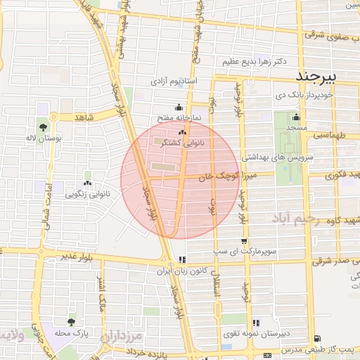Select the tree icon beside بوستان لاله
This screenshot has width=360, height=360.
(44, 128)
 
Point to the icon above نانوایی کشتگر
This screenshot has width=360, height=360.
(183, 132)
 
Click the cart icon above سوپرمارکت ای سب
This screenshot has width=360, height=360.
(243, 242)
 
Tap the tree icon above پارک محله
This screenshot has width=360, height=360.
(70, 322)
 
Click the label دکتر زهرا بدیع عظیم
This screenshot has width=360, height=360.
(252, 62)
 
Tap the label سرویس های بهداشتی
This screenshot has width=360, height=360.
(276, 160)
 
